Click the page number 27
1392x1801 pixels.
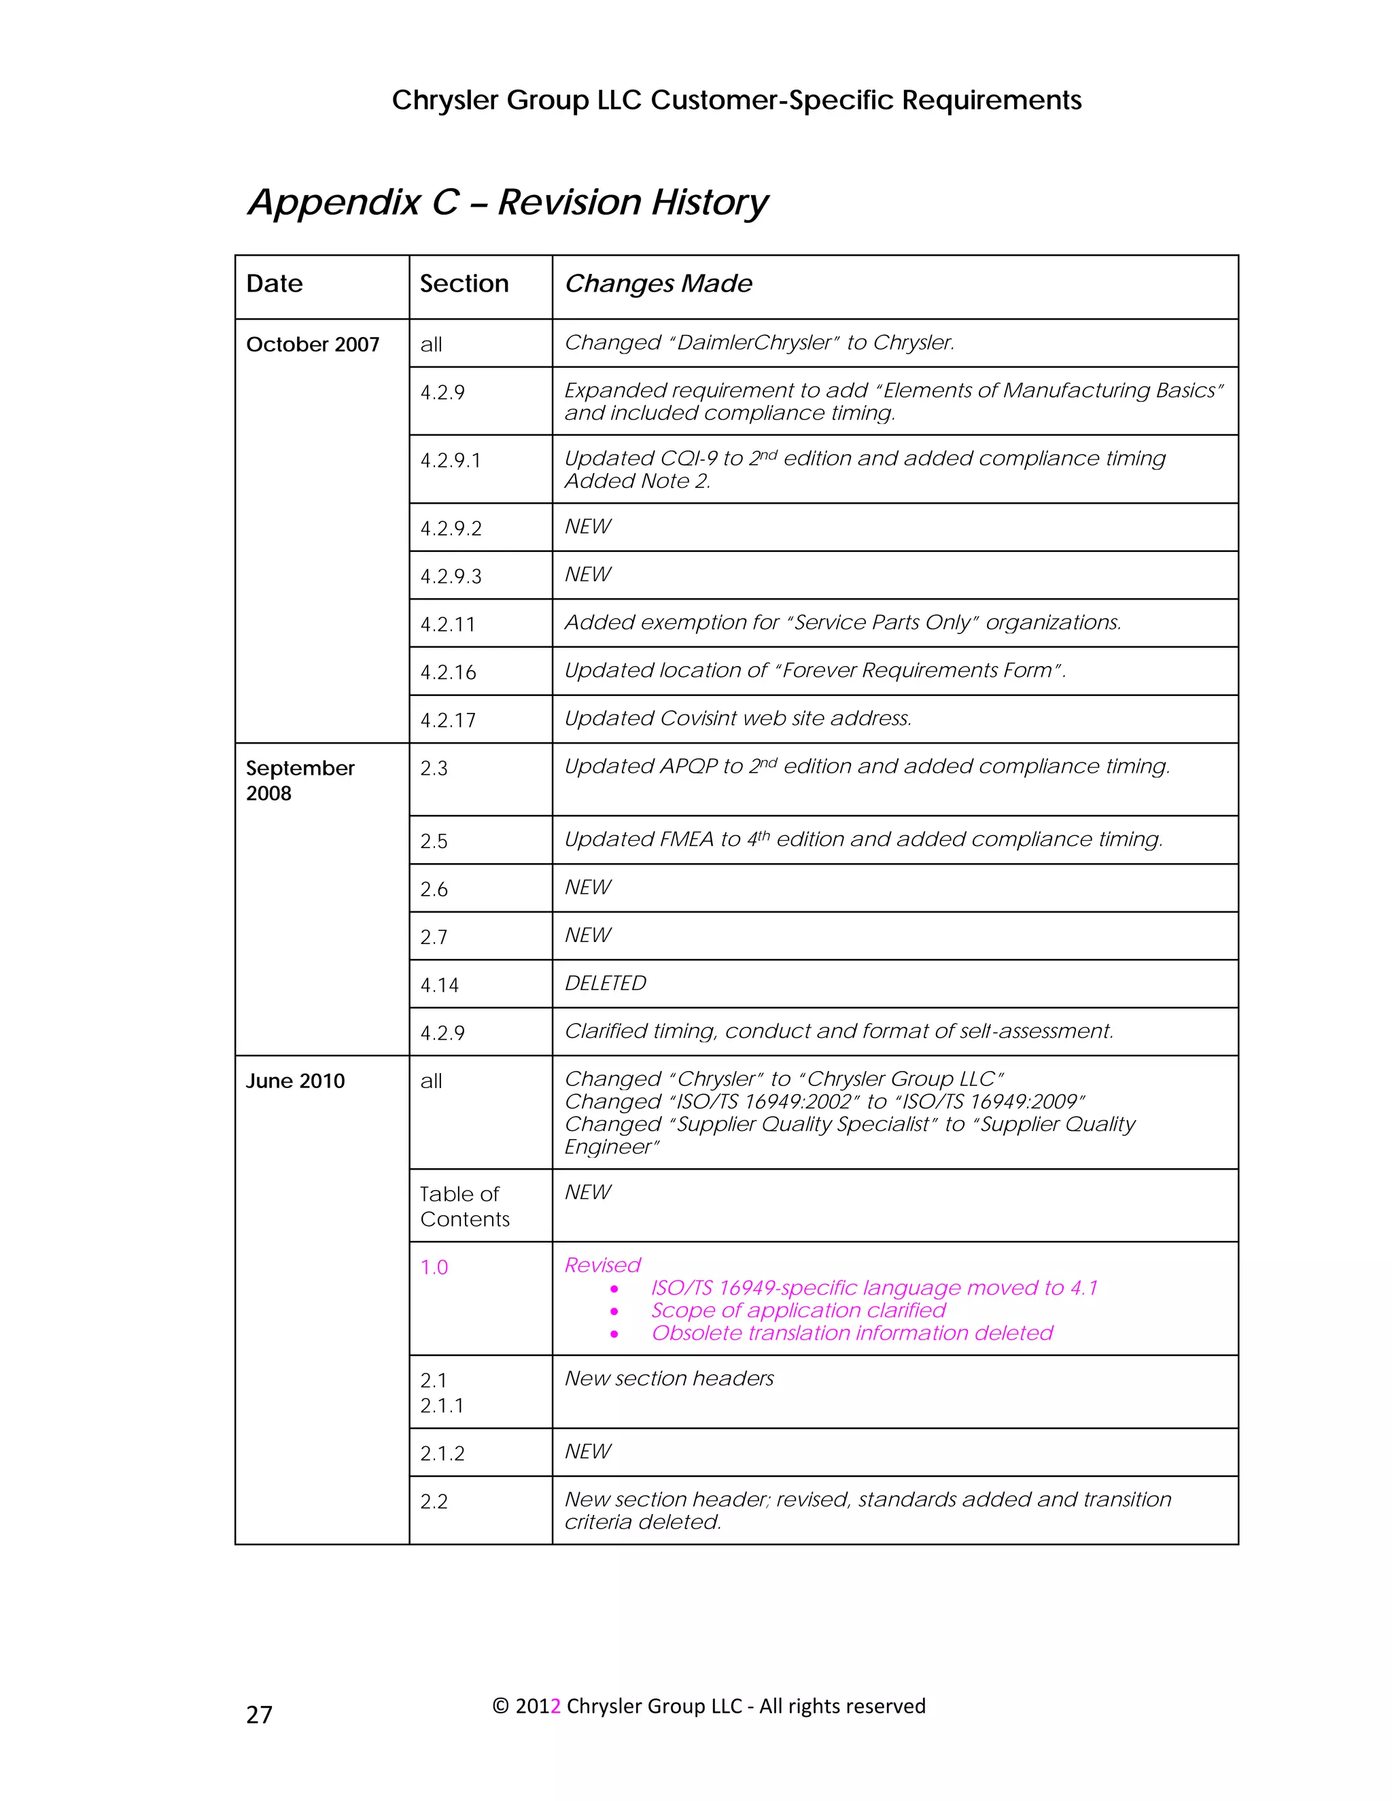(x=259, y=1715)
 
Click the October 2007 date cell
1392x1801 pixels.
(x=313, y=345)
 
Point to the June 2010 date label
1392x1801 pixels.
(x=295, y=1081)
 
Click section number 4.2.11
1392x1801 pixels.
(x=448, y=625)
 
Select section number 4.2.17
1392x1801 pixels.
(x=448, y=720)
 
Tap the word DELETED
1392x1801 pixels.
(x=606, y=983)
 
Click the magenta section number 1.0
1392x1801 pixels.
(x=434, y=1267)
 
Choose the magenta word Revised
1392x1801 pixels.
(x=602, y=1265)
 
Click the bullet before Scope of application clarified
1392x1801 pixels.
(x=614, y=1311)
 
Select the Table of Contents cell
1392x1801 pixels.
(x=464, y=1206)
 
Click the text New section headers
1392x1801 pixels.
(x=669, y=1379)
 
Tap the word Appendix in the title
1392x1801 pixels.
(x=334, y=203)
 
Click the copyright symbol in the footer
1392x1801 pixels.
(x=500, y=1706)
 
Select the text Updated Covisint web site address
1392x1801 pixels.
(x=738, y=718)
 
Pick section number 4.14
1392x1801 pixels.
(x=440, y=985)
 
